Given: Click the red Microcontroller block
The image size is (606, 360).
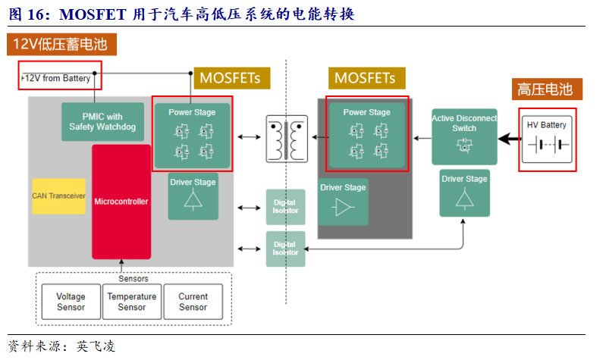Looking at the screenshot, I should (x=121, y=202).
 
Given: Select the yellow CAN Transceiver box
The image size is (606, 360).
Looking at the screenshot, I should (x=58, y=196).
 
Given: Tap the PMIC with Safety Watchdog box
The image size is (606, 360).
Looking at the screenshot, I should (x=102, y=122).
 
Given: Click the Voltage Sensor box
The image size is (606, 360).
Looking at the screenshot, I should (x=71, y=302).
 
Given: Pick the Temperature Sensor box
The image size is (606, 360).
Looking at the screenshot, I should (x=132, y=302).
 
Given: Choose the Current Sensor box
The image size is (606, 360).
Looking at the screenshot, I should (x=193, y=302).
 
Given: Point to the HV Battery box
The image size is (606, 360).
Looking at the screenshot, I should (x=547, y=139).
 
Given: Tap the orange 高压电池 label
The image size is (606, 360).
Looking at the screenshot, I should (x=545, y=89).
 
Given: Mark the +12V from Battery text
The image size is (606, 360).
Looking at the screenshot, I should (x=56, y=78).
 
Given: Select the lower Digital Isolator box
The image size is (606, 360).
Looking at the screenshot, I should (x=285, y=249).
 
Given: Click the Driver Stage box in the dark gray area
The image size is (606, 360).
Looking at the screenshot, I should (x=343, y=202).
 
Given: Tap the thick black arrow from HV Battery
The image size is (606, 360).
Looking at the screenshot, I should (x=509, y=139).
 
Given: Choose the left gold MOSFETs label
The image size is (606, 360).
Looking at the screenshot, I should (x=229, y=77).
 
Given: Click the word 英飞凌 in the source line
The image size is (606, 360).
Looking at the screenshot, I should (x=96, y=346).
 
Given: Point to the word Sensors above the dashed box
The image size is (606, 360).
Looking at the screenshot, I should (x=133, y=278).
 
